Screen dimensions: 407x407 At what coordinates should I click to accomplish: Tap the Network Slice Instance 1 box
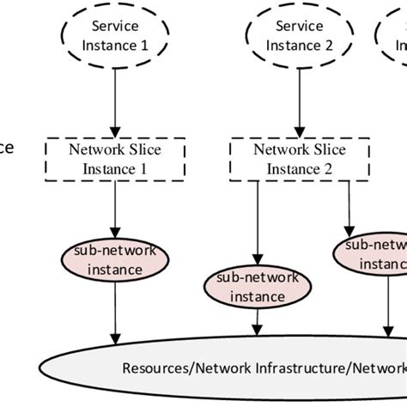tap(114, 159)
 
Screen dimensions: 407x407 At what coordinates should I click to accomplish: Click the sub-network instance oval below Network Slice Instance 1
tap(114, 260)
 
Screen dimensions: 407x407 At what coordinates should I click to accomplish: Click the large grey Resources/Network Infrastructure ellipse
tap(258, 368)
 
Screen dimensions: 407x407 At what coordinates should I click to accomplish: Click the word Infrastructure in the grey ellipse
tap(291, 368)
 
